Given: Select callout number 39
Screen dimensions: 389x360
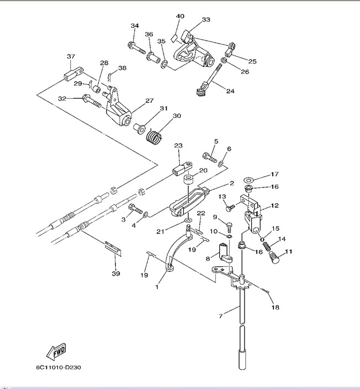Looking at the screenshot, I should tap(115, 274).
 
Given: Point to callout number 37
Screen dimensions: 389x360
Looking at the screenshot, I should tap(71, 56).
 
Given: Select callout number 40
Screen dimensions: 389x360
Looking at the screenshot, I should tap(180, 17).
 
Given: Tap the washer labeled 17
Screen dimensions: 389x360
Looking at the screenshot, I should tap(248, 180).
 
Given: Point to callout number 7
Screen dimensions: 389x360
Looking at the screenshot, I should tap(221, 316).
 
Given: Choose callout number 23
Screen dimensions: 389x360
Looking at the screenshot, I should tap(178, 146).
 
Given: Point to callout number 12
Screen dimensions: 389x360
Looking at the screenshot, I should tap(274, 206).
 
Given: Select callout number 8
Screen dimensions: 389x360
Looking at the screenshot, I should tap(209, 257).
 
